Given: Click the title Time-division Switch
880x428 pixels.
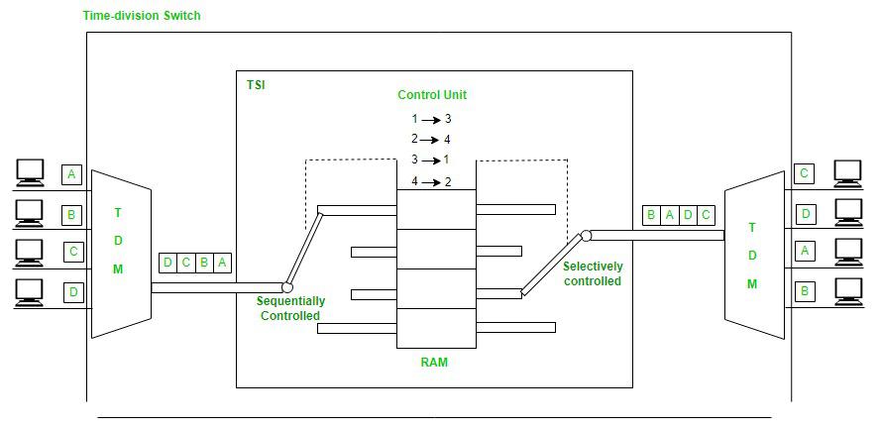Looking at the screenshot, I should pyautogui.click(x=143, y=16).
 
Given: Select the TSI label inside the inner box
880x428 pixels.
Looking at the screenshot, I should pyautogui.click(x=256, y=85).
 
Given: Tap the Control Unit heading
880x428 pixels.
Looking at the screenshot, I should pyautogui.click(x=432, y=95).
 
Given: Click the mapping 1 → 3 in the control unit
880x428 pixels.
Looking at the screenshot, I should pyautogui.click(x=432, y=119).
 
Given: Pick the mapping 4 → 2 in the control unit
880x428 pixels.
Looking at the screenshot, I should pyautogui.click(x=432, y=181).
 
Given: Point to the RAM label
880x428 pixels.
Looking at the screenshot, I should pyautogui.click(x=434, y=363).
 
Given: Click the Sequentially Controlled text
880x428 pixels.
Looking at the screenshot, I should pyautogui.click(x=290, y=308).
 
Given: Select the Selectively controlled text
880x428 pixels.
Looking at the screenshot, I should pyautogui.click(x=593, y=273).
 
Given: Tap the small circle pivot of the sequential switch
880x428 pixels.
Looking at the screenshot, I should pyautogui.click(x=287, y=287).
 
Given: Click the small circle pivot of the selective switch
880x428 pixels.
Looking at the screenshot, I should pyautogui.click(x=586, y=236).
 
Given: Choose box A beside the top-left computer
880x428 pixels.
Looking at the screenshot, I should pyautogui.click(x=71, y=175).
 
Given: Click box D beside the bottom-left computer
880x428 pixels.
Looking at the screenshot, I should pyautogui.click(x=71, y=292).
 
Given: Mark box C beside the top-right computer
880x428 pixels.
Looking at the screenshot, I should pyautogui.click(x=805, y=174).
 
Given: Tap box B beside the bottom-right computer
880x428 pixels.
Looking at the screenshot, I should pyautogui.click(x=805, y=291).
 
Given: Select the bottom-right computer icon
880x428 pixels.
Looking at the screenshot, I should pyautogui.click(x=849, y=291).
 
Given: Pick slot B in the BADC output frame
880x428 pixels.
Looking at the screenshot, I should pyautogui.click(x=651, y=214).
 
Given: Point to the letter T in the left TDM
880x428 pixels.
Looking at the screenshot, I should pyautogui.click(x=118, y=213).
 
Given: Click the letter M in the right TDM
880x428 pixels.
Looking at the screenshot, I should pyautogui.click(x=752, y=284).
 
